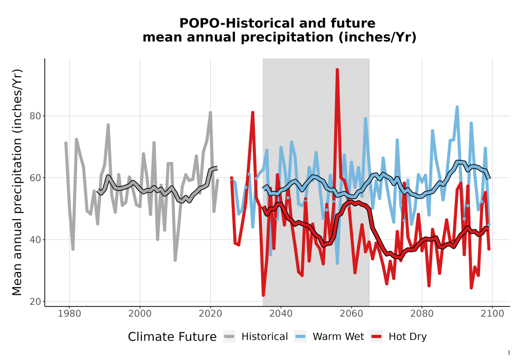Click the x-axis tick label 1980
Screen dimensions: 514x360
click(x=69, y=314)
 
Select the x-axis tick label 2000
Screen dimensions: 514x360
click(x=140, y=314)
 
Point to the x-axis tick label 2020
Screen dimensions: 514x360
click(x=210, y=314)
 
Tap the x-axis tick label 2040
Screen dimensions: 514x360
click(x=281, y=314)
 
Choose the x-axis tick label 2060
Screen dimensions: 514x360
click(x=352, y=314)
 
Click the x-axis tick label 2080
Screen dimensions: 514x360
click(x=422, y=314)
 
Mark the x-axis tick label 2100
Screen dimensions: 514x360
click(x=492, y=314)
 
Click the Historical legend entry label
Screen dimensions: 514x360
click(x=265, y=337)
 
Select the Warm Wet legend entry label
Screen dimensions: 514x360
click(x=338, y=337)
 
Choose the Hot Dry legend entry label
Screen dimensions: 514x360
click(x=408, y=337)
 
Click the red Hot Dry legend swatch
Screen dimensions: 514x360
click(x=377, y=337)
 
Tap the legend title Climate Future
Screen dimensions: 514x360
click(x=172, y=337)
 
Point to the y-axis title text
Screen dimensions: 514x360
click(x=17, y=182)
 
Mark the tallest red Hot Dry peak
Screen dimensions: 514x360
click(x=337, y=70)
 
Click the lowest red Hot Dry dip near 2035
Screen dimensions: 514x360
click(x=263, y=295)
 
